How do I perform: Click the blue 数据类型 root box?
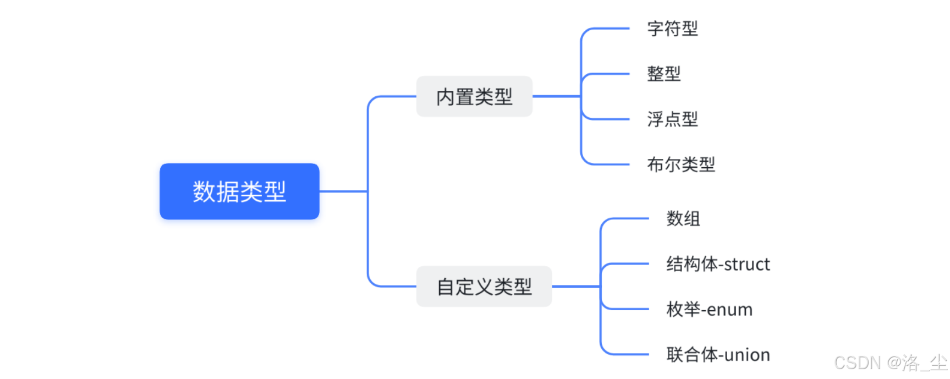pyautogui.click(x=239, y=191)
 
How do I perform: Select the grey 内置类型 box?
pyautogui.click(x=474, y=97)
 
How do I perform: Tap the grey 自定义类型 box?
pyautogui.click(x=484, y=287)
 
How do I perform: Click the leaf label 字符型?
pyautogui.click(x=672, y=29)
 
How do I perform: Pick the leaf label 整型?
pyautogui.click(x=664, y=74)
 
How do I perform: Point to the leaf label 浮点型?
pyautogui.click(x=672, y=119)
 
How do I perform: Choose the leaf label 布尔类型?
pyautogui.click(x=681, y=164)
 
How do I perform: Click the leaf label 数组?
pyautogui.click(x=683, y=218)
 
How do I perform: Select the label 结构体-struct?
pyautogui.click(x=718, y=264)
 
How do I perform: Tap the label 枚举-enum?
pyautogui.click(x=709, y=310)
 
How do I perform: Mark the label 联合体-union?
pyautogui.click(x=718, y=355)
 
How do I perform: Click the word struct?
pyautogui.click(x=747, y=265)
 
